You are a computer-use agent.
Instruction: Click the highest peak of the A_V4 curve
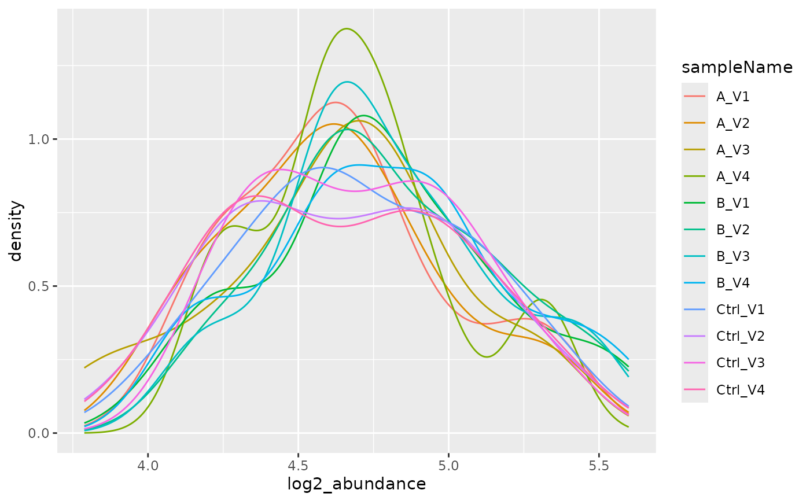347,28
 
